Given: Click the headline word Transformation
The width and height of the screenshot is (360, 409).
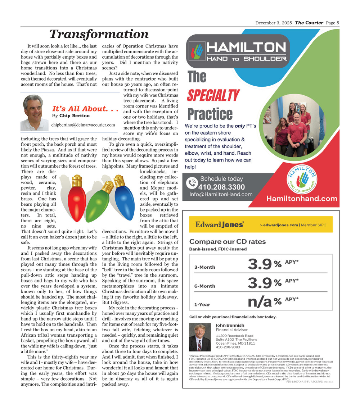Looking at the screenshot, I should click(99, 34).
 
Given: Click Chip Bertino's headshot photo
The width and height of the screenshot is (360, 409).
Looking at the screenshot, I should click(35, 113).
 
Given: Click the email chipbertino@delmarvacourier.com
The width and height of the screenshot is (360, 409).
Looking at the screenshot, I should click(83, 125).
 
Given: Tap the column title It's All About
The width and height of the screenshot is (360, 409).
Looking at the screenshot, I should click(85, 109).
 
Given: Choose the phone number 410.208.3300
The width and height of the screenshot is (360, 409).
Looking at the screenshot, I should click(221, 187).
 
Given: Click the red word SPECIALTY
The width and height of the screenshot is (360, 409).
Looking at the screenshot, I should click(213, 95).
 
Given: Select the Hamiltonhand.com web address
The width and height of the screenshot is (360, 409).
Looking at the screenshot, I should click(302, 199).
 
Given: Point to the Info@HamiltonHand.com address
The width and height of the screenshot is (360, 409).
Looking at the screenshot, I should click(221, 194).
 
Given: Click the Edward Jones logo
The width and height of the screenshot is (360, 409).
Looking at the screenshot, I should click(220, 224).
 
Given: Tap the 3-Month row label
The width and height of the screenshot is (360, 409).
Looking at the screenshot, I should click(205, 267).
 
